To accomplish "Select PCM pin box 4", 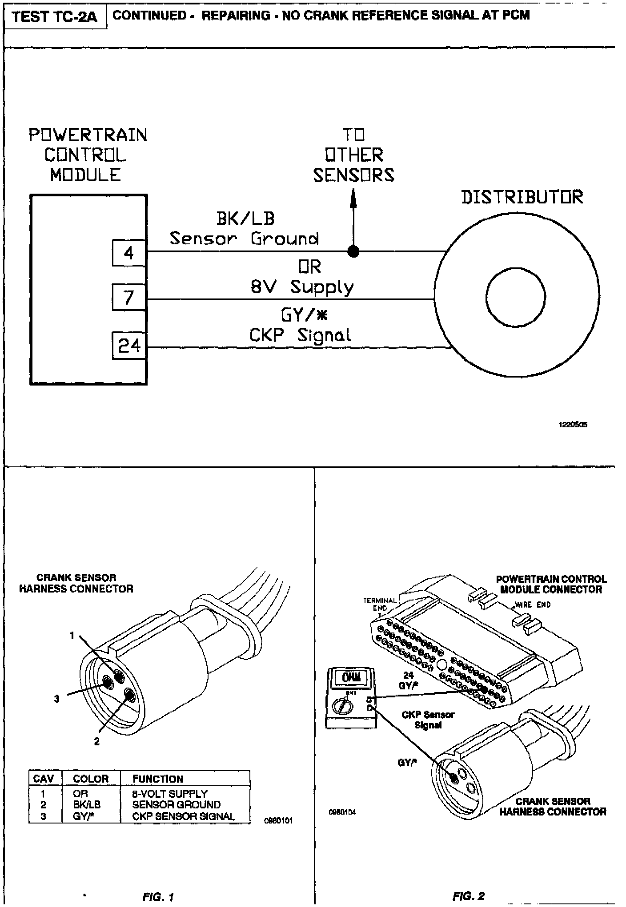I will click(x=128, y=253).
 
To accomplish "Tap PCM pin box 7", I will click(x=128, y=297).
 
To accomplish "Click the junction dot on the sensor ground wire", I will click(x=353, y=252).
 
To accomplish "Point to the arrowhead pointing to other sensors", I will click(x=353, y=199).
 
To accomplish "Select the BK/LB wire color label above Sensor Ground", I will click(x=245, y=218).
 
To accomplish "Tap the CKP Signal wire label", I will click(x=300, y=335).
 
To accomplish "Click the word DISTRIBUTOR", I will click(x=522, y=197).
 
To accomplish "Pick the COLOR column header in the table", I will click(x=91, y=779).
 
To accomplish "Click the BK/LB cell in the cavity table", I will click(x=87, y=804).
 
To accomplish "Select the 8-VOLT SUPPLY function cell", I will click(x=170, y=793).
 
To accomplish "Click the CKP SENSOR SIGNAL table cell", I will click(x=183, y=816).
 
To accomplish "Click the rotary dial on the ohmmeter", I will click(x=342, y=705).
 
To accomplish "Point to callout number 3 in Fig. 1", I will click(x=56, y=699).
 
